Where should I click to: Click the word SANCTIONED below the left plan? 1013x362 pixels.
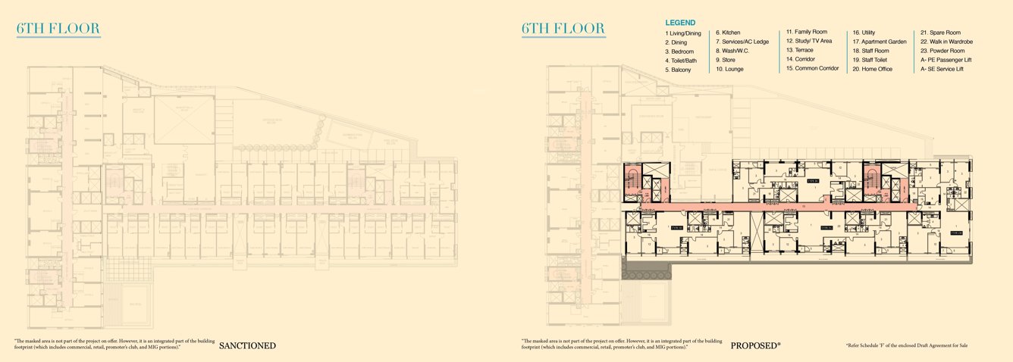[247, 347]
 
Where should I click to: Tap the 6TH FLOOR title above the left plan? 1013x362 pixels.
[58, 30]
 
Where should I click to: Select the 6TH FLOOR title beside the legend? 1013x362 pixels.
[563, 30]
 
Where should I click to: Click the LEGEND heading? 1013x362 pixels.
[680, 23]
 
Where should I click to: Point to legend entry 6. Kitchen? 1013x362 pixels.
[728, 33]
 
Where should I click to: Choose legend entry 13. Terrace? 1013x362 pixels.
[800, 51]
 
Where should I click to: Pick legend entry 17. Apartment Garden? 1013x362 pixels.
[880, 42]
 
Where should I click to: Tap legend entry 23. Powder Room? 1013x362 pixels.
[945, 51]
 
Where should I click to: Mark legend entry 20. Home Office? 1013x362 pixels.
[872, 69]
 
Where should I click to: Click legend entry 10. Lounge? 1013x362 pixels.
[729, 69]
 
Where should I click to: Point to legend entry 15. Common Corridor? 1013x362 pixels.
[812, 68]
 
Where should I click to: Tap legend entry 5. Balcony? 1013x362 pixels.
[678, 70]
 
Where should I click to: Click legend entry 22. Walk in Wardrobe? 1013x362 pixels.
[946, 42]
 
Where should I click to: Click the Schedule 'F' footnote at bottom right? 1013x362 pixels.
[906, 345]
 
